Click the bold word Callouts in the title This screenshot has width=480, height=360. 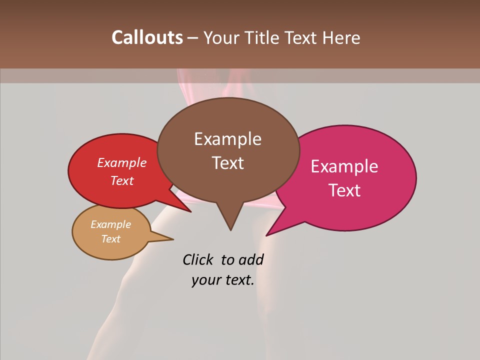click(147, 38)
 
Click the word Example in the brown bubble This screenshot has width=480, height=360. click(227, 139)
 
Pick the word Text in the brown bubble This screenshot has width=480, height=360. click(227, 163)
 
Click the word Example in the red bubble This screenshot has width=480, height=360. click(122, 163)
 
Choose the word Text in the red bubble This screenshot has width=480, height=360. click(122, 180)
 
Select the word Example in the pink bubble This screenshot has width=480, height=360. click(344, 166)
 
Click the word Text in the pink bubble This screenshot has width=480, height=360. click(345, 190)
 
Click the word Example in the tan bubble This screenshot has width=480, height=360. click(110, 224)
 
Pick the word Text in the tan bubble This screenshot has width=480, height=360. click(110, 239)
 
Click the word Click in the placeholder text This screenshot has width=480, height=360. click(198, 260)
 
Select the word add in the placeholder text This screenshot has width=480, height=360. click(251, 260)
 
